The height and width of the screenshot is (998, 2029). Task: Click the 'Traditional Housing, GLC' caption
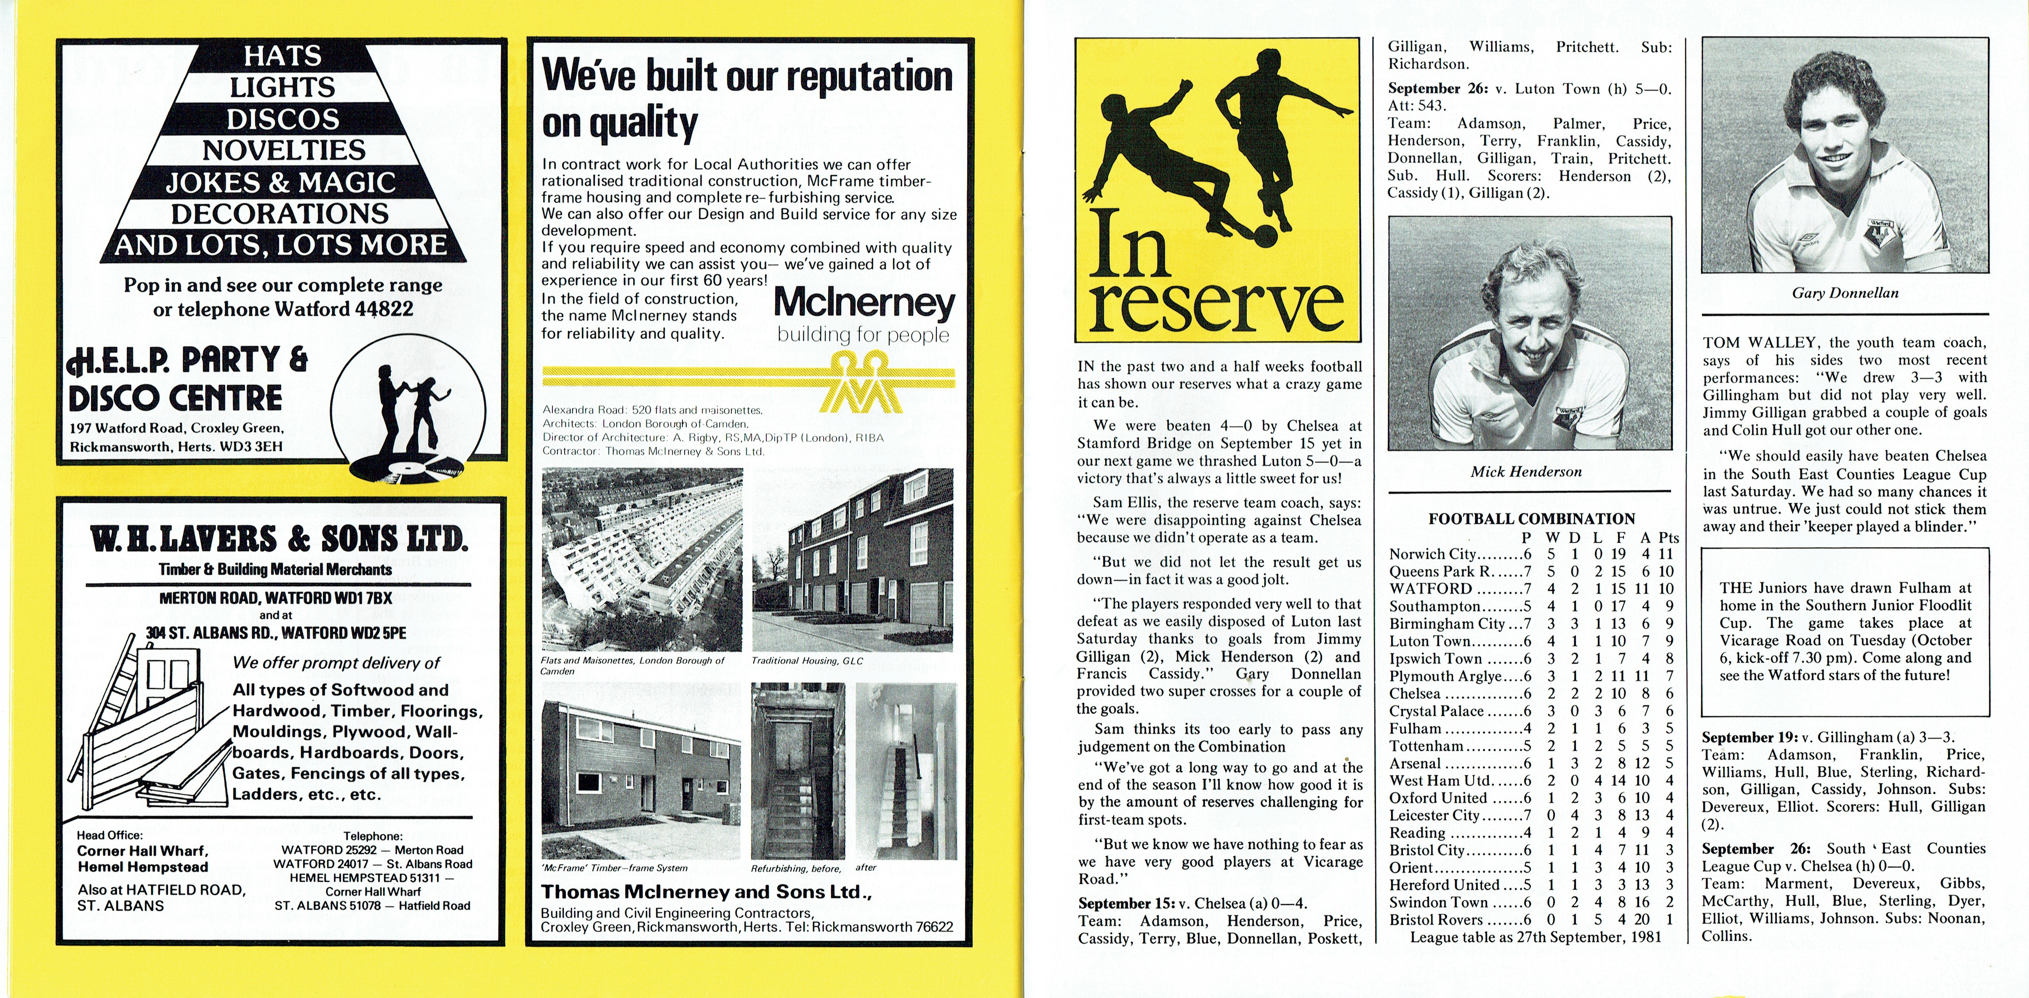click(807, 661)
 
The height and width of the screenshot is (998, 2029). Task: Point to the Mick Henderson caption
click(1526, 472)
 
